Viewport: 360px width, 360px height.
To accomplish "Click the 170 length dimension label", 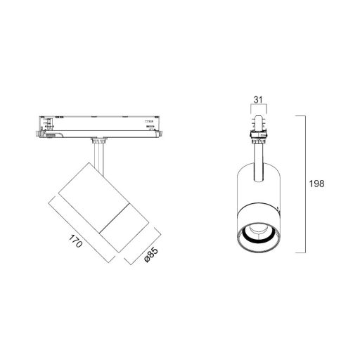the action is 76,241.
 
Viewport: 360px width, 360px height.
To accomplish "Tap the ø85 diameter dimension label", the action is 152,255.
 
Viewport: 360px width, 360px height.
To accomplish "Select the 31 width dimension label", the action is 258,100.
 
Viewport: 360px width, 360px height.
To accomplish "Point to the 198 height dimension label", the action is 316,184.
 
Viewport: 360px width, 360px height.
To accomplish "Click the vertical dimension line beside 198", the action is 306,184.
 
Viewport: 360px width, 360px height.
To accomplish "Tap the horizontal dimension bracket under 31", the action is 259,106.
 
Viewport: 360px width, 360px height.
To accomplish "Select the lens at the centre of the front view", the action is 258,229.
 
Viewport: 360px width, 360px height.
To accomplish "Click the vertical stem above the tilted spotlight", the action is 98,156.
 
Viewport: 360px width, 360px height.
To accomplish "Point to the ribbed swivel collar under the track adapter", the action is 99,141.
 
